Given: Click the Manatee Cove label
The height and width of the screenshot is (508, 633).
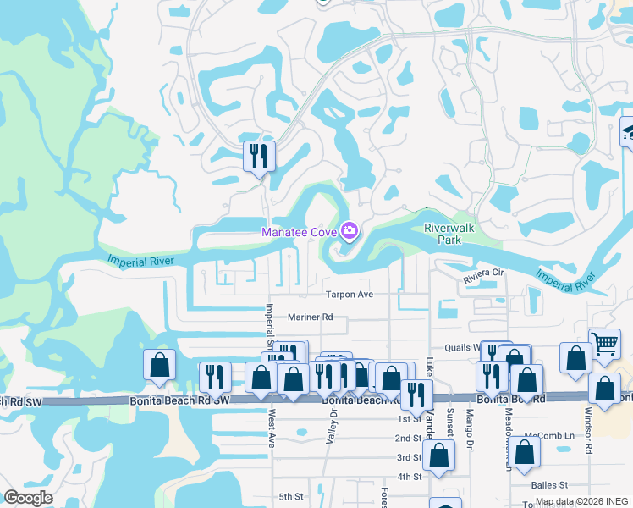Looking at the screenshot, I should click(299, 231).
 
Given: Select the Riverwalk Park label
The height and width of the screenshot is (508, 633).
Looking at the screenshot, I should click(447, 234).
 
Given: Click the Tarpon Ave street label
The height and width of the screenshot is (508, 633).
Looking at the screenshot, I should click(350, 295).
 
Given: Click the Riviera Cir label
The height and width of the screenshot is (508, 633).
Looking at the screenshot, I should click(483, 275).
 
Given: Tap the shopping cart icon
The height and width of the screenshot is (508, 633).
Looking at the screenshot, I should click(604, 343).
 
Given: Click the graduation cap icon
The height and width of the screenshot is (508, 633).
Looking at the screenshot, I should click(629, 131).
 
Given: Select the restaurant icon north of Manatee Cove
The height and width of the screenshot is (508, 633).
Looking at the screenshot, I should click(259, 156).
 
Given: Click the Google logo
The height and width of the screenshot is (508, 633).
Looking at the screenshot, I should click(28, 498).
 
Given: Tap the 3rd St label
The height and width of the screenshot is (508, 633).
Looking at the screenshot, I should click(409, 457).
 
